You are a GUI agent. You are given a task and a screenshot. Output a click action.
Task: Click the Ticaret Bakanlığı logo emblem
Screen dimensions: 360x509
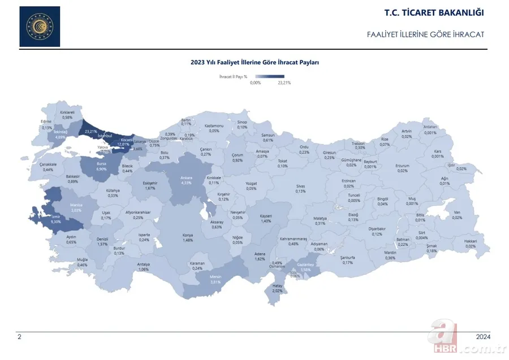[x=39, y=27]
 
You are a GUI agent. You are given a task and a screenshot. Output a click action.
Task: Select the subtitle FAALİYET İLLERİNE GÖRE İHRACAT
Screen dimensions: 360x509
[x=425, y=34]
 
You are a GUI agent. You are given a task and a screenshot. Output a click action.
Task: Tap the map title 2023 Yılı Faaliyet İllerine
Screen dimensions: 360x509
[x=255, y=63]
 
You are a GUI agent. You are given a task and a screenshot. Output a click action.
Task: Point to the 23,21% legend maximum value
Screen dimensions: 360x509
[x=284, y=83]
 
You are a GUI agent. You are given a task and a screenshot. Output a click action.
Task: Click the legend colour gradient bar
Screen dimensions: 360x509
[x=269, y=76]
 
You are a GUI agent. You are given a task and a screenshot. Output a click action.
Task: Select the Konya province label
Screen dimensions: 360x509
[x=188, y=237]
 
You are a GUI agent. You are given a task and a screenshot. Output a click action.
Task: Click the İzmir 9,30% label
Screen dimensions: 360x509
[x=55, y=219]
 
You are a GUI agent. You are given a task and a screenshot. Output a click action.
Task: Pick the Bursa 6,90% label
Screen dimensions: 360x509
[x=102, y=166]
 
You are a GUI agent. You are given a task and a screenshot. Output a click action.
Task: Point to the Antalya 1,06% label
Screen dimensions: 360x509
[x=144, y=266]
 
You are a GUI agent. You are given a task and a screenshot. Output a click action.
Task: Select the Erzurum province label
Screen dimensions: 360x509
[x=402, y=168]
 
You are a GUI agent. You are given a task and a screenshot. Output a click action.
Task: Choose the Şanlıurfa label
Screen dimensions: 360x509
[x=347, y=259]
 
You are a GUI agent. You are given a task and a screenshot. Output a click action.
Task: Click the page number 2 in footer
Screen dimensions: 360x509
[x=19, y=337]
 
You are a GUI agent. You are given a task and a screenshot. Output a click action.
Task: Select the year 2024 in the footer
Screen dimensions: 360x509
[x=482, y=337]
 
